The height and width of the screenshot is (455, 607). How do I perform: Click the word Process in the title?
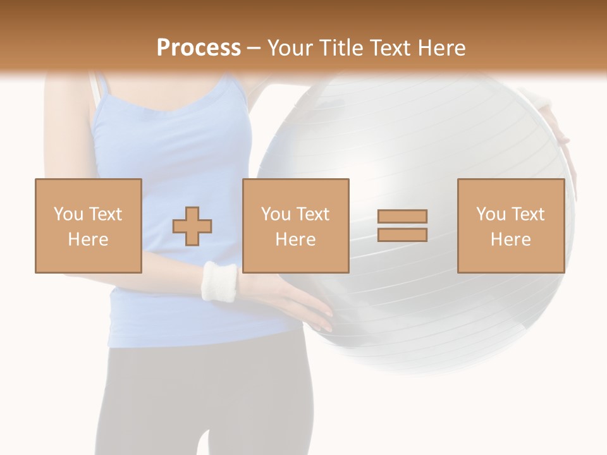point(199,48)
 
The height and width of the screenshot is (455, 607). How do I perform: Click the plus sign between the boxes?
point(192,226)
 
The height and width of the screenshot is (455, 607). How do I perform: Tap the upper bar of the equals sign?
point(402,216)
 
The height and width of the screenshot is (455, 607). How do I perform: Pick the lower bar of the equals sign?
point(402,235)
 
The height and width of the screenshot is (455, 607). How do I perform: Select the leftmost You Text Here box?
point(88,226)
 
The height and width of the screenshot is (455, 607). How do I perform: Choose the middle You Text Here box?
point(295,226)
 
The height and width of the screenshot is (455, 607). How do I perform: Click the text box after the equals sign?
point(510,226)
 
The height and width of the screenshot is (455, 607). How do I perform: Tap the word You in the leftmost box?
point(68,214)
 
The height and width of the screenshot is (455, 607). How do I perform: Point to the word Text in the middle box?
point(313,214)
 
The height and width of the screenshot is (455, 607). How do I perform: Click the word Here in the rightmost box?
point(510,240)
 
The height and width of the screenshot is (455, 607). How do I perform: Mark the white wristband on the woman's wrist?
point(219,281)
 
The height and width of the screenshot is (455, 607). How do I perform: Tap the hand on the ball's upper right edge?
point(556,123)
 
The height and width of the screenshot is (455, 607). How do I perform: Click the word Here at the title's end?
point(441,48)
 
